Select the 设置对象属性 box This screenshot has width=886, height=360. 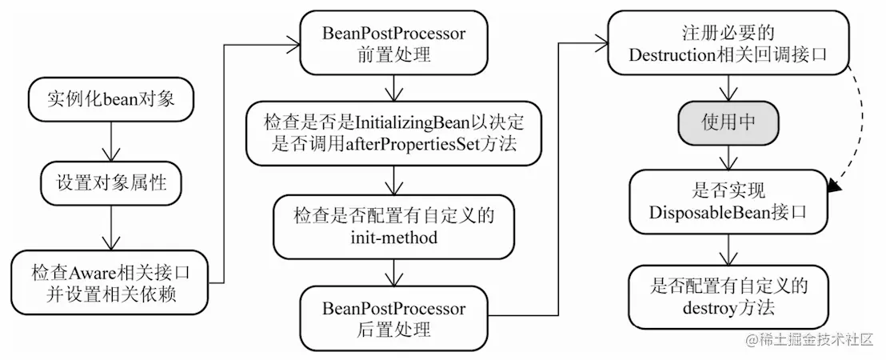[x=110, y=182]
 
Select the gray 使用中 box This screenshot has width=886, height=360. [x=728, y=122]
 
